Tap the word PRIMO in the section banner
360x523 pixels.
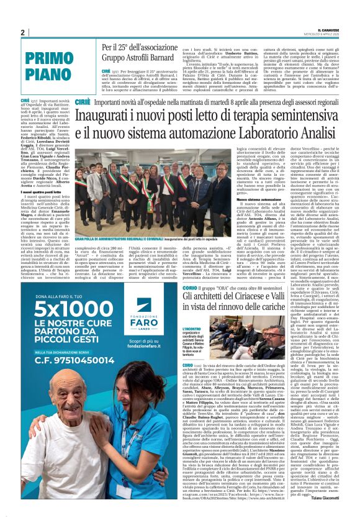[49, 59]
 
